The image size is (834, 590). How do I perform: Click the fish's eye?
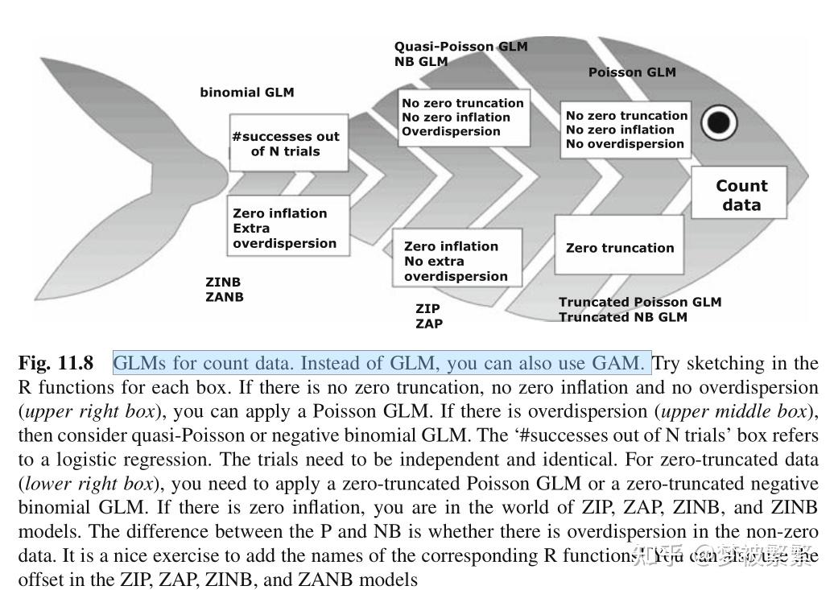tap(719, 123)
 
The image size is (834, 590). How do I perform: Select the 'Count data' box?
tap(741, 195)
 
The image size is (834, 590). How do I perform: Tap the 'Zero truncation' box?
tap(619, 247)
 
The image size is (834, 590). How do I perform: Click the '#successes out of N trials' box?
tap(287, 144)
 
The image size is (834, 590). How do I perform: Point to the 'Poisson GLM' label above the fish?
tap(632, 72)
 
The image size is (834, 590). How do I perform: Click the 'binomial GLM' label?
tap(247, 93)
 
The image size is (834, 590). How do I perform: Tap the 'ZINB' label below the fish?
tap(223, 283)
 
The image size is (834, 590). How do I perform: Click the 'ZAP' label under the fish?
tap(428, 324)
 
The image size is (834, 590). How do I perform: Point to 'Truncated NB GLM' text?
tap(622, 317)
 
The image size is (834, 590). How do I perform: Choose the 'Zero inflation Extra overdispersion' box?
tap(287, 228)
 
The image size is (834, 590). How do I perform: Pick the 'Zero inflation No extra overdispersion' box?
tap(456, 261)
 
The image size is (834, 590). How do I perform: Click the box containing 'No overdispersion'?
tap(625, 130)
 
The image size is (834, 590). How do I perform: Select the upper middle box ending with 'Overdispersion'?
tap(464, 118)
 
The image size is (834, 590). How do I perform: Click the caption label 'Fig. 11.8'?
tap(56, 364)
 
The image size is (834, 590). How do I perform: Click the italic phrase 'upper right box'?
tap(86, 411)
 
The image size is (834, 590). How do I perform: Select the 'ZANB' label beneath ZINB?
tap(225, 297)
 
